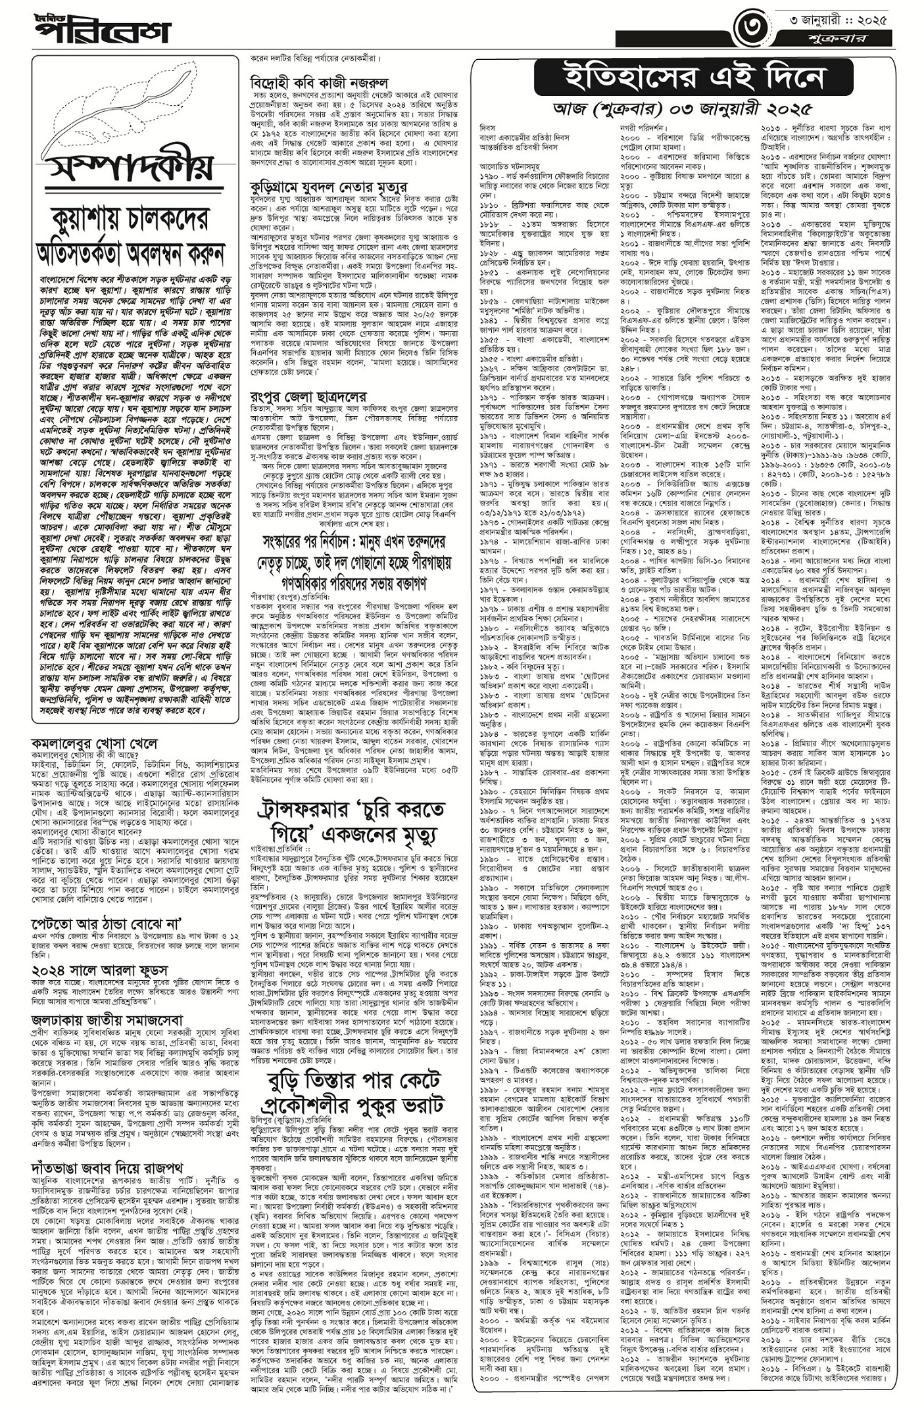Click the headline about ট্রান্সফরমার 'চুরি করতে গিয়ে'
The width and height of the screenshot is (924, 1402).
(x=351, y=822)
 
